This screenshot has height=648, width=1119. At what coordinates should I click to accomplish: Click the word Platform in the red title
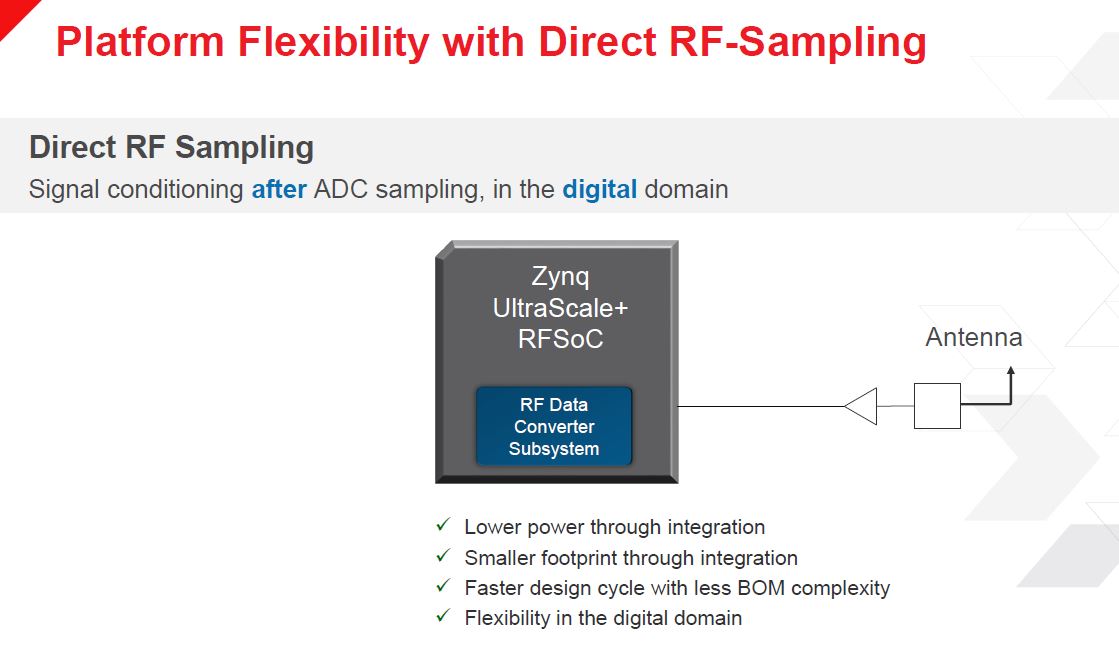(140, 41)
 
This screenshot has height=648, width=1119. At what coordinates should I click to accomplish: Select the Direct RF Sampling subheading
(171, 148)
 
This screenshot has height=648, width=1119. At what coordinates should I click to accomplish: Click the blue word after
(279, 189)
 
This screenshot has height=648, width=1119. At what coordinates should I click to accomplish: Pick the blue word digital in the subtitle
(599, 190)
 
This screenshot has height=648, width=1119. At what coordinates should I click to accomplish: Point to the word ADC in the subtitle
(340, 189)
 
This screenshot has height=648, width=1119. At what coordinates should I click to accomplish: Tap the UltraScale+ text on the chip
(560, 308)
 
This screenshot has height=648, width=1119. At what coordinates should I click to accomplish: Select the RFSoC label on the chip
(560, 338)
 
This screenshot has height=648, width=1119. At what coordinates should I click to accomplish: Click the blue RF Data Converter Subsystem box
(554, 426)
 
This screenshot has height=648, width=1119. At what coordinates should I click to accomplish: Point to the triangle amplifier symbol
(861, 406)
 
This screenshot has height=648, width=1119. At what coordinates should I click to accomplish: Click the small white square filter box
(937, 406)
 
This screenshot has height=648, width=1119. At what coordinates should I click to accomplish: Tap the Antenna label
(973, 337)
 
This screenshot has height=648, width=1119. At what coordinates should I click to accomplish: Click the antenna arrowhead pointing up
(1011, 371)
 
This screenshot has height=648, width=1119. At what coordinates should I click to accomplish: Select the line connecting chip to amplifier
(761, 407)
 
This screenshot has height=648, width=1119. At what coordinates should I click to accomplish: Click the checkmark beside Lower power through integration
(443, 525)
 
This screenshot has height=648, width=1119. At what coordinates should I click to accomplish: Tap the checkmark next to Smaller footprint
(443, 555)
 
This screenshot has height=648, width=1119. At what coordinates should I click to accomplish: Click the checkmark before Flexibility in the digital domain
(443, 615)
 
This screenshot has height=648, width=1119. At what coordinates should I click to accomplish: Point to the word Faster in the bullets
(492, 588)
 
